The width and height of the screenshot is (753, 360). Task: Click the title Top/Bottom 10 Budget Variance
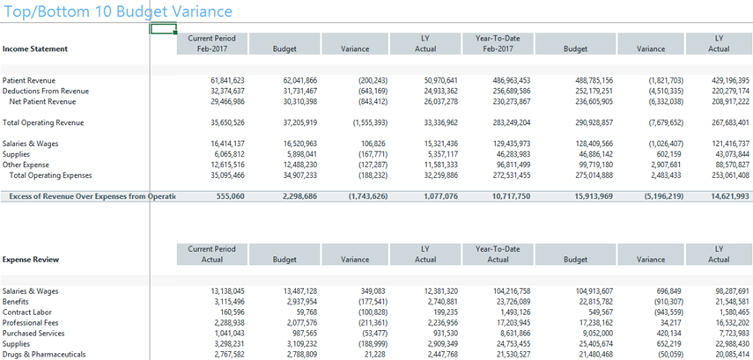pos(118,11)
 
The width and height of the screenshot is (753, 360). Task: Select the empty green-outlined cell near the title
pos(163,29)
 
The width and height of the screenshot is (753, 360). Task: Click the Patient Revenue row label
pos(29,81)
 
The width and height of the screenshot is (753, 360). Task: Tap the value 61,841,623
pos(227,81)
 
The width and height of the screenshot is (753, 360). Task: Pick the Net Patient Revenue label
pos(42,102)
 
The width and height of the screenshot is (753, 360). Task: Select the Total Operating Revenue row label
pos(43,123)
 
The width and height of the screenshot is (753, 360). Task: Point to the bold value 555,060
pos(232,196)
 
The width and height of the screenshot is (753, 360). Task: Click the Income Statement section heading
pos(35,49)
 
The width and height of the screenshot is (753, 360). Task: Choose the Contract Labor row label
pos(27,312)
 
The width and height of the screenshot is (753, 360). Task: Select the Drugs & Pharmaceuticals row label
pos(41,355)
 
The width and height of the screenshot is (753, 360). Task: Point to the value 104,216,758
pos(512,291)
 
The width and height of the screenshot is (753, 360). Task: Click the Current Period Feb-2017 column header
pos(211,43)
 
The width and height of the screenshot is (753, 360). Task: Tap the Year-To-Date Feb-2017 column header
pos(498,43)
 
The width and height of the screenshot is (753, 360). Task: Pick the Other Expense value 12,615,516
pos(227,165)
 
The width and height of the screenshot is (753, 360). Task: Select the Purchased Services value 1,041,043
pos(230,334)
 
